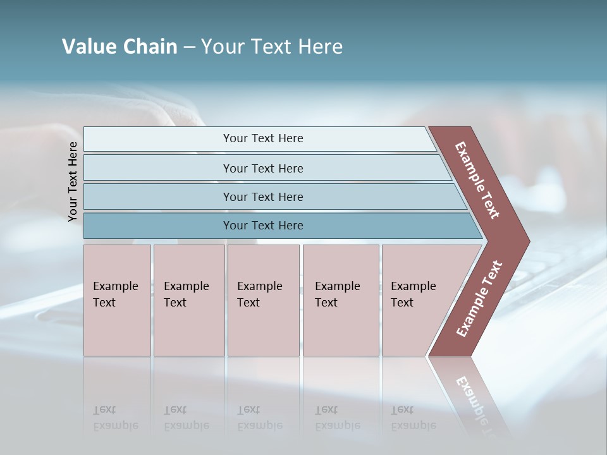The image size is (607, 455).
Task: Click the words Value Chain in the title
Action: point(120,47)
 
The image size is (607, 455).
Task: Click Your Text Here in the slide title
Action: point(272,47)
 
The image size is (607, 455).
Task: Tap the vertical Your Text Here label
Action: point(73,181)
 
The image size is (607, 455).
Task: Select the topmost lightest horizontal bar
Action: point(158,139)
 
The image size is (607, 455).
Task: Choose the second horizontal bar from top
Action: point(158,168)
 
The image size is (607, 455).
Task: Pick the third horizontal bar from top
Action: point(158,197)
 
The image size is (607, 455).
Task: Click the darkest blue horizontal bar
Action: point(158,226)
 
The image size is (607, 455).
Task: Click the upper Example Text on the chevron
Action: point(477,180)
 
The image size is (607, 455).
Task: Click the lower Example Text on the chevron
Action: point(479,299)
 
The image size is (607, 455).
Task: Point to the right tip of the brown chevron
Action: point(527,241)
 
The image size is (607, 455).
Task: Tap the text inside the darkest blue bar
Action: point(263,226)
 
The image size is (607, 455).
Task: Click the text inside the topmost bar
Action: point(263,138)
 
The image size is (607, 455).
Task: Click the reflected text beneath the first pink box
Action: point(115,418)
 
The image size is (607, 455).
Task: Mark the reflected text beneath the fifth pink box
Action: point(413,418)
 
